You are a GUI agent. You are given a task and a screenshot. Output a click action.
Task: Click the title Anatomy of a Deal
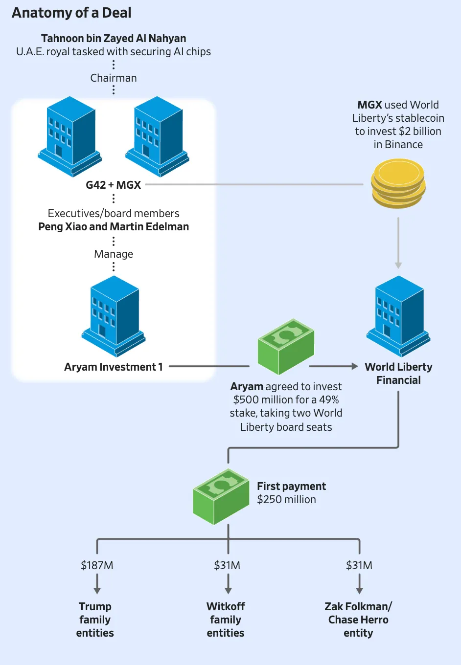click(71, 13)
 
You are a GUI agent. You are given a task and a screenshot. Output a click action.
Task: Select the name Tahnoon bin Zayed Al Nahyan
click(114, 38)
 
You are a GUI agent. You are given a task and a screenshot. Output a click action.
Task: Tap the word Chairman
click(114, 78)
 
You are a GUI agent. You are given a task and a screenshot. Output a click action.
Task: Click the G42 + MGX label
click(114, 185)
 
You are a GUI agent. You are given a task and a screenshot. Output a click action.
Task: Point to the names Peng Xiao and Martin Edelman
click(114, 227)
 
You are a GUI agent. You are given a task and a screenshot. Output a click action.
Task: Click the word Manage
click(114, 254)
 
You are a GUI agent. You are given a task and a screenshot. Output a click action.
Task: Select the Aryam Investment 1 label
click(114, 367)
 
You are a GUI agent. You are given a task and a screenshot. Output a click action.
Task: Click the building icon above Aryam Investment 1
click(114, 315)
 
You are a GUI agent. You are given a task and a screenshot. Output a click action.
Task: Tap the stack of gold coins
click(398, 184)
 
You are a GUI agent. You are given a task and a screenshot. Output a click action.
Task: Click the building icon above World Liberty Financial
click(398, 315)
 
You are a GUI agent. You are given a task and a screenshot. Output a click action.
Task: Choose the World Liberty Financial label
click(398, 373)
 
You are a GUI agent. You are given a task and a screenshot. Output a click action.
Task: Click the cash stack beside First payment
click(221, 496)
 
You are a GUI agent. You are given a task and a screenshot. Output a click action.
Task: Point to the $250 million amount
click(287, 500)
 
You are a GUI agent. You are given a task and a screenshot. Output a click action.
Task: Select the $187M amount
click(97, 565)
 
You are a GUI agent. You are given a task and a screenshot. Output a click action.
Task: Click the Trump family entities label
click(95, 620)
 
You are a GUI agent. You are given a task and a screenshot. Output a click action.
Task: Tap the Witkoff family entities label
click(226, 620)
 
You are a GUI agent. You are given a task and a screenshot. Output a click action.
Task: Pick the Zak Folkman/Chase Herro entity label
click(358, 620)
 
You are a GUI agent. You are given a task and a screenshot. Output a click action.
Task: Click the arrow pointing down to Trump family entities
click(97, 585)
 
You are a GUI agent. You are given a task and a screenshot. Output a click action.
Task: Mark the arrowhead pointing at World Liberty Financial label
click(355, 366)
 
